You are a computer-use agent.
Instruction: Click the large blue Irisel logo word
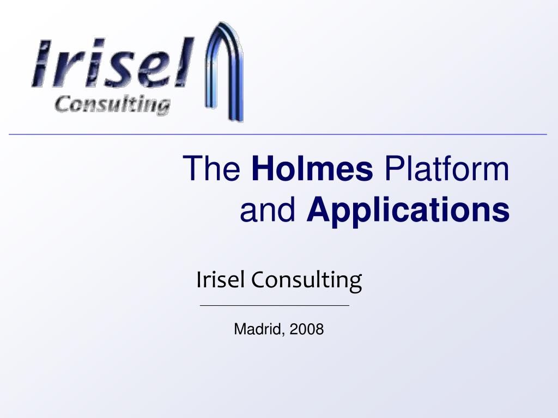[x=112, y=63]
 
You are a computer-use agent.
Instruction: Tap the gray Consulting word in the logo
[x=112, y=104]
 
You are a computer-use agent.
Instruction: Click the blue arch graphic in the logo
[x=224, y=71]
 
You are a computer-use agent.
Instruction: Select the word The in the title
[x=212, y=168]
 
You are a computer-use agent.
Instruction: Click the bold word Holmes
[x=312, y=168]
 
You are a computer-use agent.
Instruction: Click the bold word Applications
[x=408, y=212]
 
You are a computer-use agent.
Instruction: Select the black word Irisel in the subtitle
[x=220, y=279]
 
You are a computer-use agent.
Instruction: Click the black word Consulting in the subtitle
[x=307, y=281]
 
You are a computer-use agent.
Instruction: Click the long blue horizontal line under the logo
[x=277, y=134]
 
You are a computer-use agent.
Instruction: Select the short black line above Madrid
[x=275, y=305]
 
